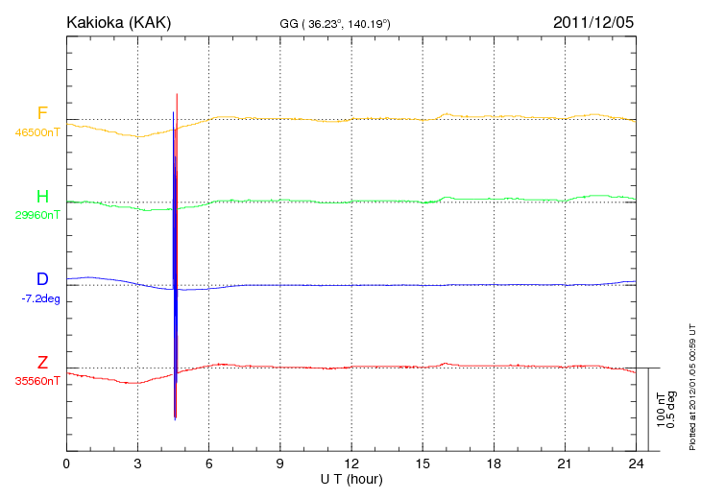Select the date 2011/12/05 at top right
coord(593,21)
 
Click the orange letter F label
coord(42,113)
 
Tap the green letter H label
coord(42,197)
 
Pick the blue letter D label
coord(42,279)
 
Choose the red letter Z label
coord(42,363)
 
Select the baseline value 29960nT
coord(37,215)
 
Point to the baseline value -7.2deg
coord(40,298)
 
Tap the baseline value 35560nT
coord(37,381)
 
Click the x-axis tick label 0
coord(66,464)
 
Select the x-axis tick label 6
coord(209,464)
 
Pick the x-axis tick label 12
coord(351,464)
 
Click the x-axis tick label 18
coord(494,464)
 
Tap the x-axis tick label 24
coord(635,464)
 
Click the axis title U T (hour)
coord(350,478)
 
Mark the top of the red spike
coord(178,94)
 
